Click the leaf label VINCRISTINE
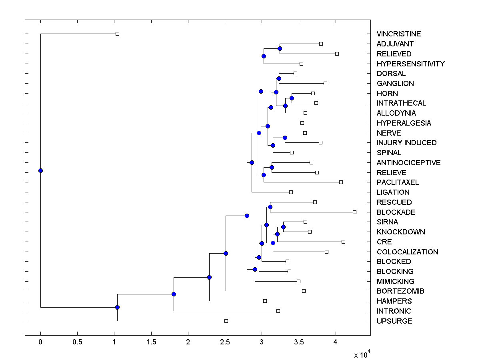[x=398, y=34]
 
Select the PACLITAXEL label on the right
[x=398, y=182]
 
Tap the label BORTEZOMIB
[x=400, y=291]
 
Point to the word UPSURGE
[x=394, y=321]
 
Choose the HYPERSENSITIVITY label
[x=410, y=64]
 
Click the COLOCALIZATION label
[x=407, y=252]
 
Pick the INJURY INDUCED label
[x=406, y=143]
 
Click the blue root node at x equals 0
[x=40, y=170]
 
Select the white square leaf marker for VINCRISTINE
[x=117, y=34]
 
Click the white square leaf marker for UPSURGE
[x=226, y=321]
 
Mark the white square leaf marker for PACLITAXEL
[x=341, y=182]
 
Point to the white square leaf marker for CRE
[x=343, y=242]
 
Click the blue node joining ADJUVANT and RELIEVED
[x=280, y=48]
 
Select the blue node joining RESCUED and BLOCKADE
[x=270, y=207]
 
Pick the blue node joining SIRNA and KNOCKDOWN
[x=283, y=227]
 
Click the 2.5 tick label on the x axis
[x=225, y=342]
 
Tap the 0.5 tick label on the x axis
[x=77, y=342]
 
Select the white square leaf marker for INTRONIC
[x=278, y=311]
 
